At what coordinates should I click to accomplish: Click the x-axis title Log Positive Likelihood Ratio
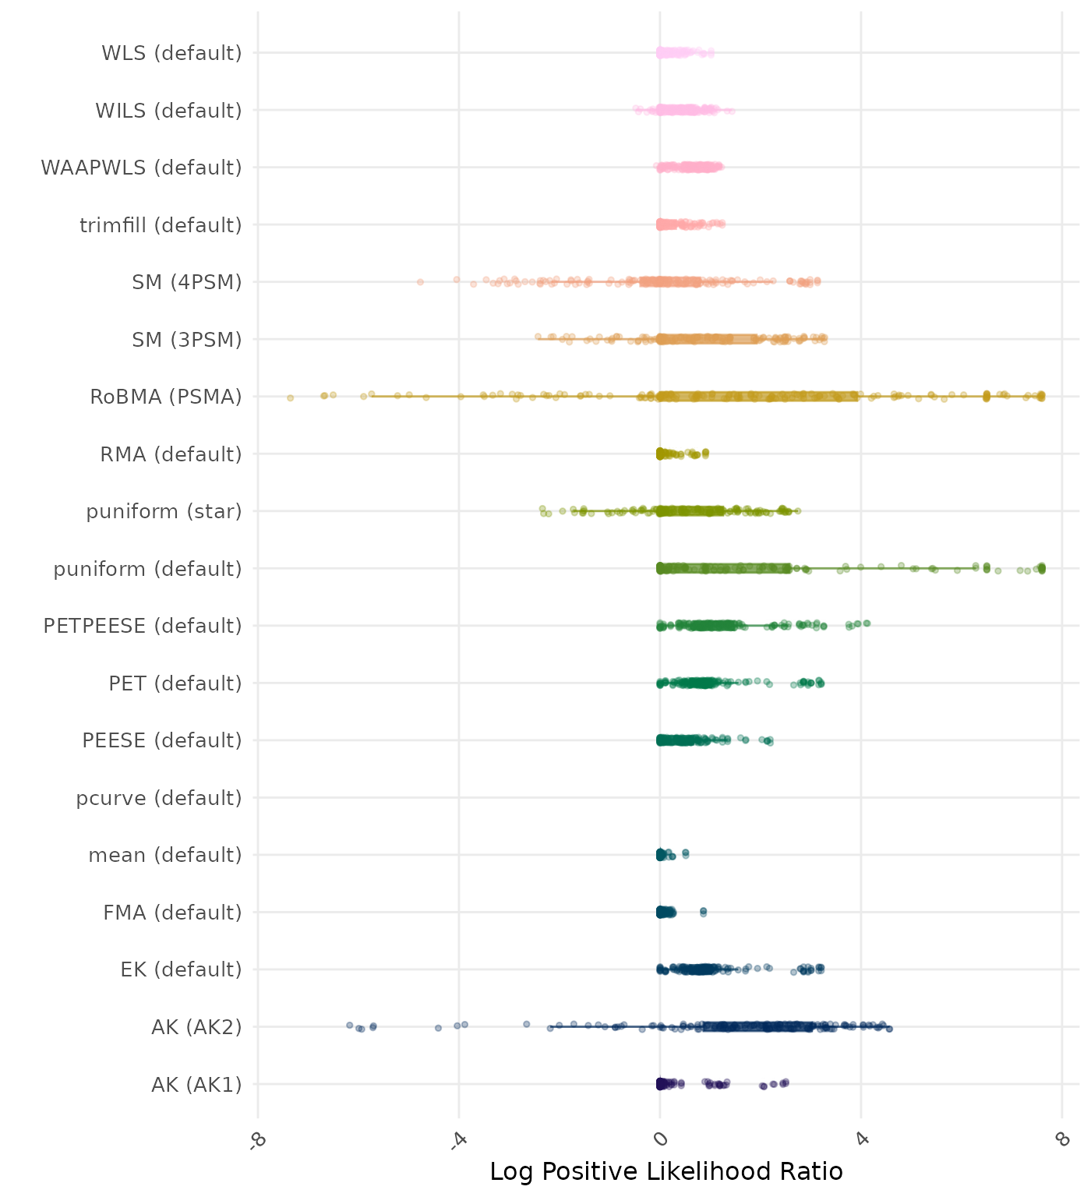(666, 1171)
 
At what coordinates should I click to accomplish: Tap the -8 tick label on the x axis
(258, 1139)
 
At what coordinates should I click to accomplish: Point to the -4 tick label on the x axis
(459, 1139)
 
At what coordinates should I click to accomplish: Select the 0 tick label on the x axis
(660, 1139)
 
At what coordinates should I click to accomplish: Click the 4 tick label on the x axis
(861, 1139)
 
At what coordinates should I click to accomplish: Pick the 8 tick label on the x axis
(1061, 1139)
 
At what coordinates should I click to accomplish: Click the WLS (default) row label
(171, 53)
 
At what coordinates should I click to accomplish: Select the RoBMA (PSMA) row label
(165, 397)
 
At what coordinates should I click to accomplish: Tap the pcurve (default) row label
(159, 798)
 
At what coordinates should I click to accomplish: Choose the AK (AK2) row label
(196, 1027)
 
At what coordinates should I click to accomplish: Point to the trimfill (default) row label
(161, 225)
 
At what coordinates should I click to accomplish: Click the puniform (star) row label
(164, 511)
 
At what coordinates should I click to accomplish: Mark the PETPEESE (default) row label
(143, 626)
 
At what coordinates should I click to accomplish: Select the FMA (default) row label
(172, 913)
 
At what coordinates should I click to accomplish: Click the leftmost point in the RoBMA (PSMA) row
(291, 397)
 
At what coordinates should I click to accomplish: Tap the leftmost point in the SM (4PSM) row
(420, 282)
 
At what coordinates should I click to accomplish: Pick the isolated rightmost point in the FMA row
(703, 911)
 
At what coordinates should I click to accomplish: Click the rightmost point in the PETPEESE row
(867, 623)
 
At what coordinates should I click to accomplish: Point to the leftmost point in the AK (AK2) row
(350, 1025)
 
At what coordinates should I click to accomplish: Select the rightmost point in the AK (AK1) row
(786, 1082)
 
